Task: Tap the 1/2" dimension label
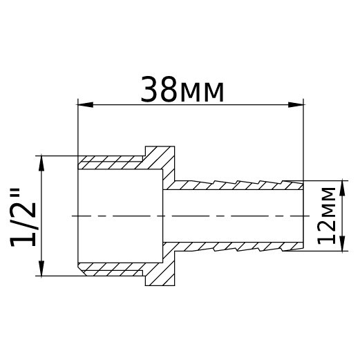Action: coord(25,216)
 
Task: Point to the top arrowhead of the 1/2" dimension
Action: coord(43,162)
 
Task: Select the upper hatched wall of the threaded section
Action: coord(111,164)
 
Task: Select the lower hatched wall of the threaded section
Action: coord(111,268)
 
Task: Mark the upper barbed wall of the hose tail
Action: coord(235,186)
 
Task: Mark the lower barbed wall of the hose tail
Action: coord(235,246)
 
